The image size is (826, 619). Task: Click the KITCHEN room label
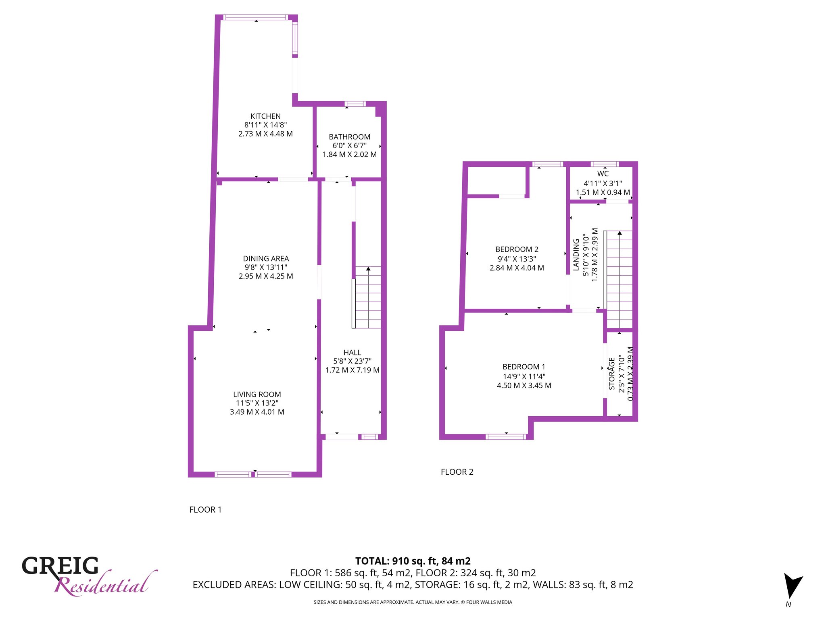(265, 116)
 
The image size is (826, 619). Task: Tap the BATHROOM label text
(349, 137)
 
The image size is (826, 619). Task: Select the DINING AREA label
(266, 259)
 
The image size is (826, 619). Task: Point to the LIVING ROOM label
(257, 395)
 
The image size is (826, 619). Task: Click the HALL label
(352, 353)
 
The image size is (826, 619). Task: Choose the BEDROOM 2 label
(517, 249)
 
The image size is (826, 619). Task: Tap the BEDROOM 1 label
(524, 367)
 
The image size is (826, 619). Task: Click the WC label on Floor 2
(603, 174)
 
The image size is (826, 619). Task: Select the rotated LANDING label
(576, 255)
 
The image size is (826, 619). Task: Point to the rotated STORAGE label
(612, 374)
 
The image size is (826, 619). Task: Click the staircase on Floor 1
(367, 297)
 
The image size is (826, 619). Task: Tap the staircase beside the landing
(618, 280)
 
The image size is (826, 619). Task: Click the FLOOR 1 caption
(205, 510)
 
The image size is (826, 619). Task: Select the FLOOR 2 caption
(457, 472)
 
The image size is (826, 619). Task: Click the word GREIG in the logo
(60, 566)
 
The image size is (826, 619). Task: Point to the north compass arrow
(792, 585)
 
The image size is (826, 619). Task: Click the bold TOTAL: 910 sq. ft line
(413, 561)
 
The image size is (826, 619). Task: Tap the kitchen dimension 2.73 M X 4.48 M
(265, 134)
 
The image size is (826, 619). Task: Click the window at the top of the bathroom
(355, 104)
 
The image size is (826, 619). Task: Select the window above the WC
(605, 164)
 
